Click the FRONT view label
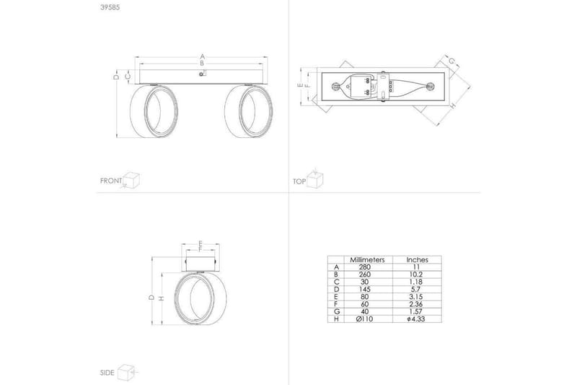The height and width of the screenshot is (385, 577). (x=110, y=181)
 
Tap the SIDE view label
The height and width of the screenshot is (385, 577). (x=107, y=373)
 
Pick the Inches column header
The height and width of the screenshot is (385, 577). (x=417, y=259)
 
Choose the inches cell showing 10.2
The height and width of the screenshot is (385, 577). (x=417, y=274)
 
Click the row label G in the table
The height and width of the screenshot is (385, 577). (x=336, y=311)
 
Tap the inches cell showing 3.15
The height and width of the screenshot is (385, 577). (x=417, y=296)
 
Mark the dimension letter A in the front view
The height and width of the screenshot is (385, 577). (x=202, y=56)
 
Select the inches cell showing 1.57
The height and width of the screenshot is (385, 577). (x=417, y=311)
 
